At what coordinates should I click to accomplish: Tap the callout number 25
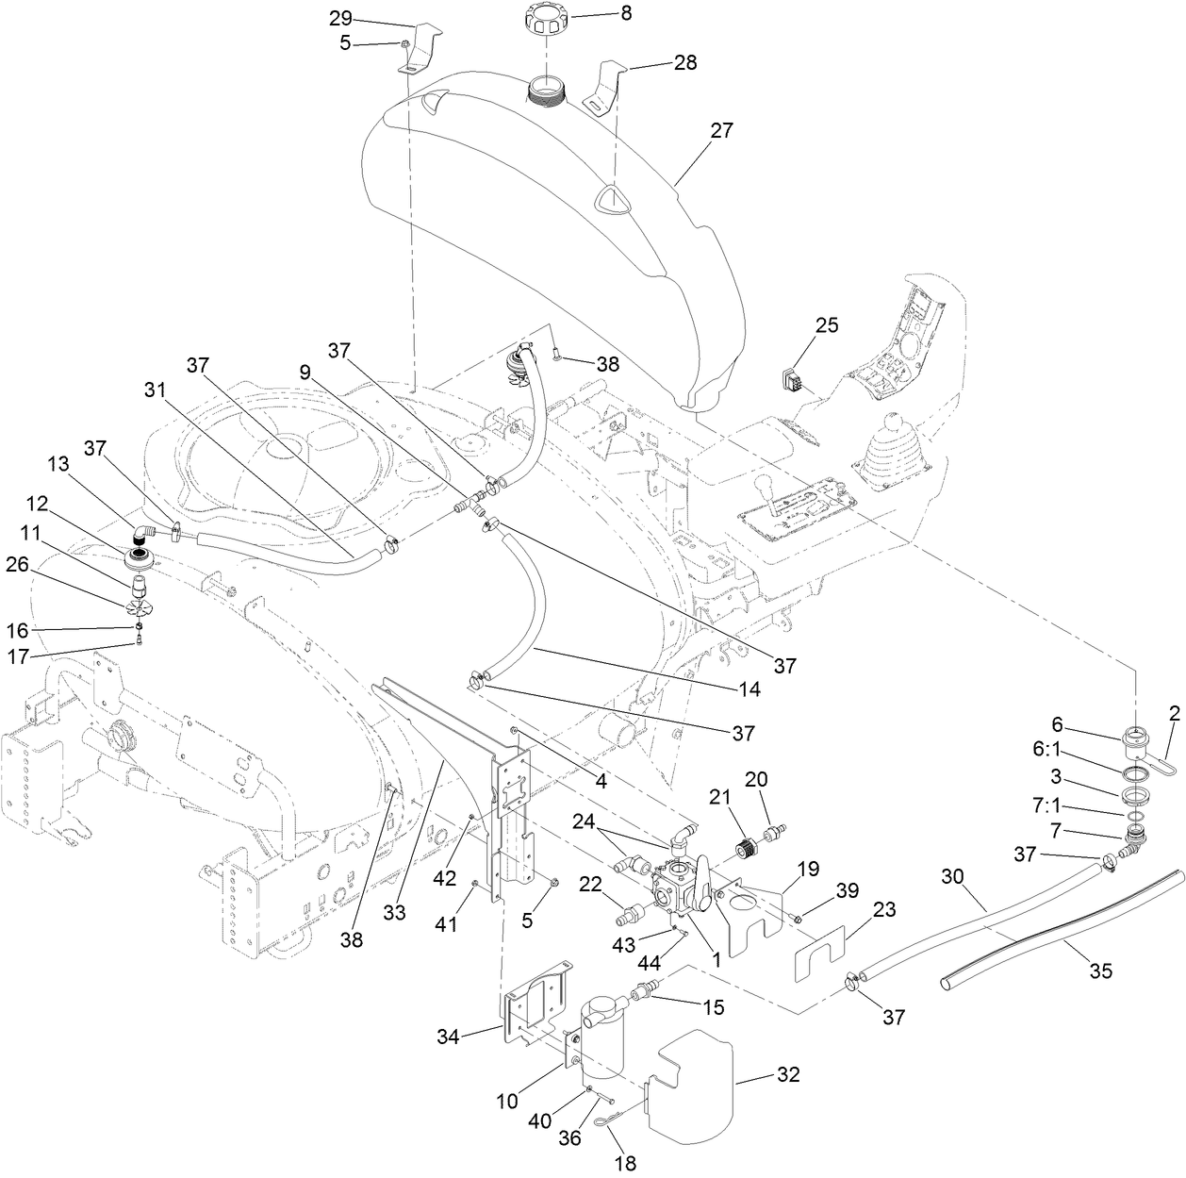point(826,325)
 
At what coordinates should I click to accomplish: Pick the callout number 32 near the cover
point(787,1075)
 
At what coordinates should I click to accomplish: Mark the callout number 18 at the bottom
point(624,1164)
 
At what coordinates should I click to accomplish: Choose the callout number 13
point(59,465)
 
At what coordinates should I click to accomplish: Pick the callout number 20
point(757,778)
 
